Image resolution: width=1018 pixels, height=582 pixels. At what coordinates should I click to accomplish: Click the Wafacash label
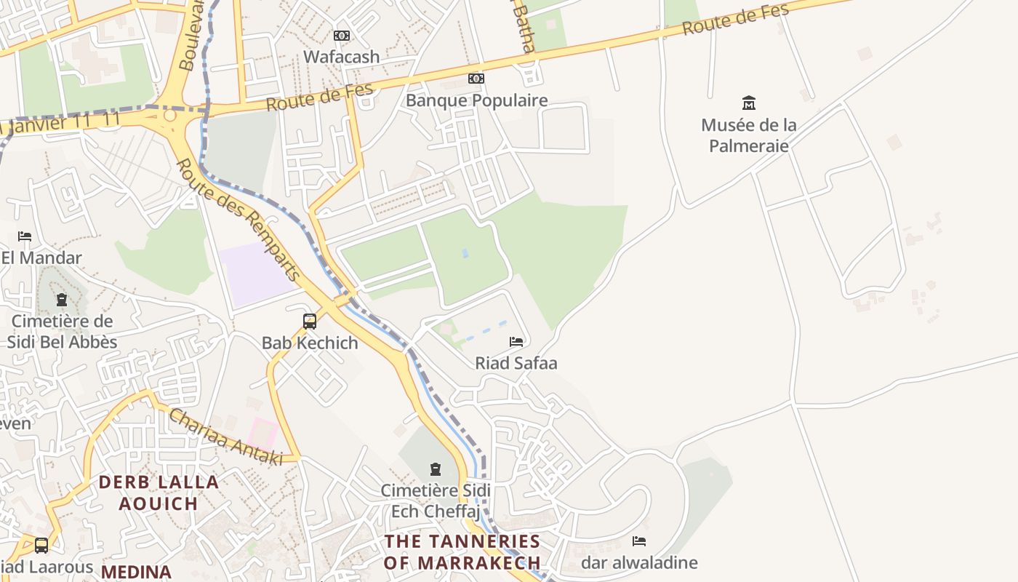coord(341,57)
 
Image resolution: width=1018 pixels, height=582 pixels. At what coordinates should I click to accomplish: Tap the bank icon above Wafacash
coord(341,36)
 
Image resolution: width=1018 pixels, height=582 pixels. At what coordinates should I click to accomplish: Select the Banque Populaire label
coord(476,100)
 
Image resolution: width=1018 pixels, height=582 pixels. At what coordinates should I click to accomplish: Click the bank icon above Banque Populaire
coord(476,79)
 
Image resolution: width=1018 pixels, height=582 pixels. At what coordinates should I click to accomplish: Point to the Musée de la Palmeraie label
coord(748,135)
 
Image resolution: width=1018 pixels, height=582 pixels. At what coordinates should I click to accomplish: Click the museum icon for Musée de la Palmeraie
coord(748,103)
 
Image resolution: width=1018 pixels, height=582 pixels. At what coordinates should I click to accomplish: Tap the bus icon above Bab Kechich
coord(310,321)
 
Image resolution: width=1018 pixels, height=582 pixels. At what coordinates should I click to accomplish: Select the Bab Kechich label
coord(310,343)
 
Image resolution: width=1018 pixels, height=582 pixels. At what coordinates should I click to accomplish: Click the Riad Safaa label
coord(516,363)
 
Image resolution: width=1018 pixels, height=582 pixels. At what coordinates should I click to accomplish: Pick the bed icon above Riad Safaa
coord(516,341)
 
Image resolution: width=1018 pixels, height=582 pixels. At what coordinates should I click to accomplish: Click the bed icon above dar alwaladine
coord(639,541)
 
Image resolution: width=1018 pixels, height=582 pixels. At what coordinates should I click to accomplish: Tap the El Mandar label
coord(41,258)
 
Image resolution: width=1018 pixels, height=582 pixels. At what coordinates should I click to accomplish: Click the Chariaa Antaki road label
coord(225,436)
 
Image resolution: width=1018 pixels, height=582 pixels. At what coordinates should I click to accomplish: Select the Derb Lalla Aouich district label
coord(159,493)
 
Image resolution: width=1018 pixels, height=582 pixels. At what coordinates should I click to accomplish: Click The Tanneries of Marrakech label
coord(462,552)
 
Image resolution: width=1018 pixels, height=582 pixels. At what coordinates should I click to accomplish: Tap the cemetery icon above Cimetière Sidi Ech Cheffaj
coord(436,469)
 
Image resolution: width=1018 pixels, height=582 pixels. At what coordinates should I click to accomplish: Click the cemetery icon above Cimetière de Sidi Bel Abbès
coord(62,300)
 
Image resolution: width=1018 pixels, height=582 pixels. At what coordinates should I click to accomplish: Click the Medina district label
coord(136,572)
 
